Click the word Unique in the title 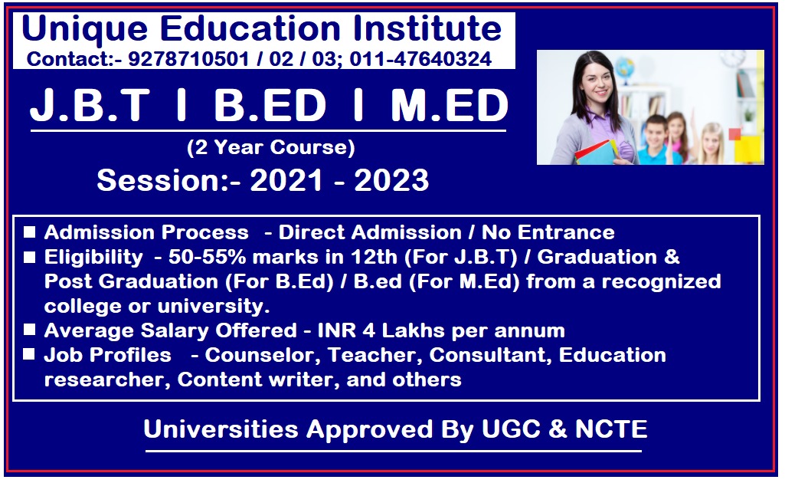coord(84,29)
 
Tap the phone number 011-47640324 coord(420,59)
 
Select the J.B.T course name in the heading coord(90,105)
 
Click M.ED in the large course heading coord(449,105)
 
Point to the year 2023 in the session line coord(391,180)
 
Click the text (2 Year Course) coord(270,147)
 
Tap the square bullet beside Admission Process coord(30,232)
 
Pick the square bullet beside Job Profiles coord(30,354)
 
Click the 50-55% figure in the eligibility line coord(208,257)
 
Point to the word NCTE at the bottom coord(611,429)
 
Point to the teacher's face coord(598,83)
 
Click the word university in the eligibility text coord(213,306)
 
